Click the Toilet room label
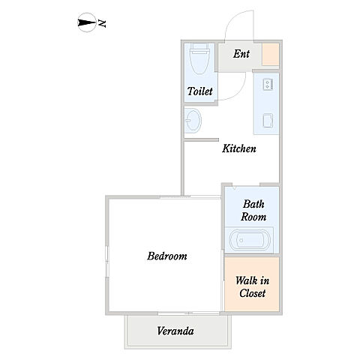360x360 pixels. (x=199, y=91)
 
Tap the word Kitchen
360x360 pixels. (x=239, y=148)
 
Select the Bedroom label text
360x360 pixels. (x=167, y=256)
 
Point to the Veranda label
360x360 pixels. (x=175, y=331)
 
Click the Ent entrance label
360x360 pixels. (x=241, y=54)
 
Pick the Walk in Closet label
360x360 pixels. (x=253, y=286)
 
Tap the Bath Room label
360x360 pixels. (x=253, y=210)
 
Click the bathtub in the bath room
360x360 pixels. (x=250, y=240)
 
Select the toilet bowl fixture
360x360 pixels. (x=199, y=59)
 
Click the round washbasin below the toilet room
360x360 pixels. (x=193, y=121)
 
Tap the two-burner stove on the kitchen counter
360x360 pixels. (x=268, y=84)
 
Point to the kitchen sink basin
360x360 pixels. (x=268, y=121)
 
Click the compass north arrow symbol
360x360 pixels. (x=87, y=22)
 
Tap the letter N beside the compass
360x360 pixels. (x=102, y=23)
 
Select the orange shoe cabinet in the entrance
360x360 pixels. (x=270, y=55)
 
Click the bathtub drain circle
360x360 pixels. (x=241, y=240)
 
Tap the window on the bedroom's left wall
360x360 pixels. (x=107, y=262)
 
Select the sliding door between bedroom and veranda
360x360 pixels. (x=189, y=313)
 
